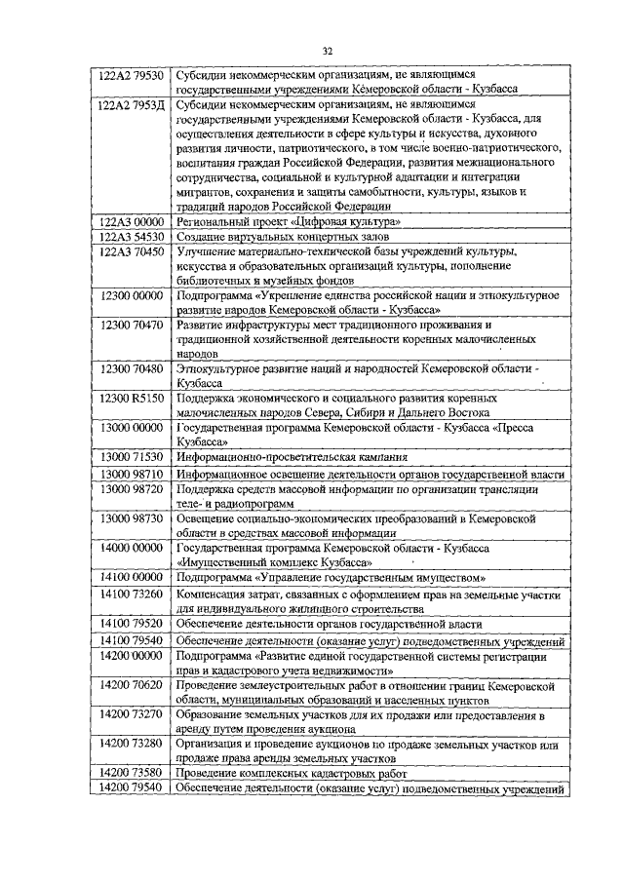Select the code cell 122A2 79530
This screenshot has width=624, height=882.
tap(133, 74)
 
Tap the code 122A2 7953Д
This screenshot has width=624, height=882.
tap(133, 102)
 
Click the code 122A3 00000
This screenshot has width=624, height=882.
tap(133, 221)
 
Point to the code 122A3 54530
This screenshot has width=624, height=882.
tap(133, 236)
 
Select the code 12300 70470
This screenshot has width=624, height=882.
tap(133, 325)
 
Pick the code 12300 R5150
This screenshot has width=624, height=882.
tap(133, 398)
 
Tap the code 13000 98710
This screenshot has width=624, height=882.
tap(133, 473)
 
